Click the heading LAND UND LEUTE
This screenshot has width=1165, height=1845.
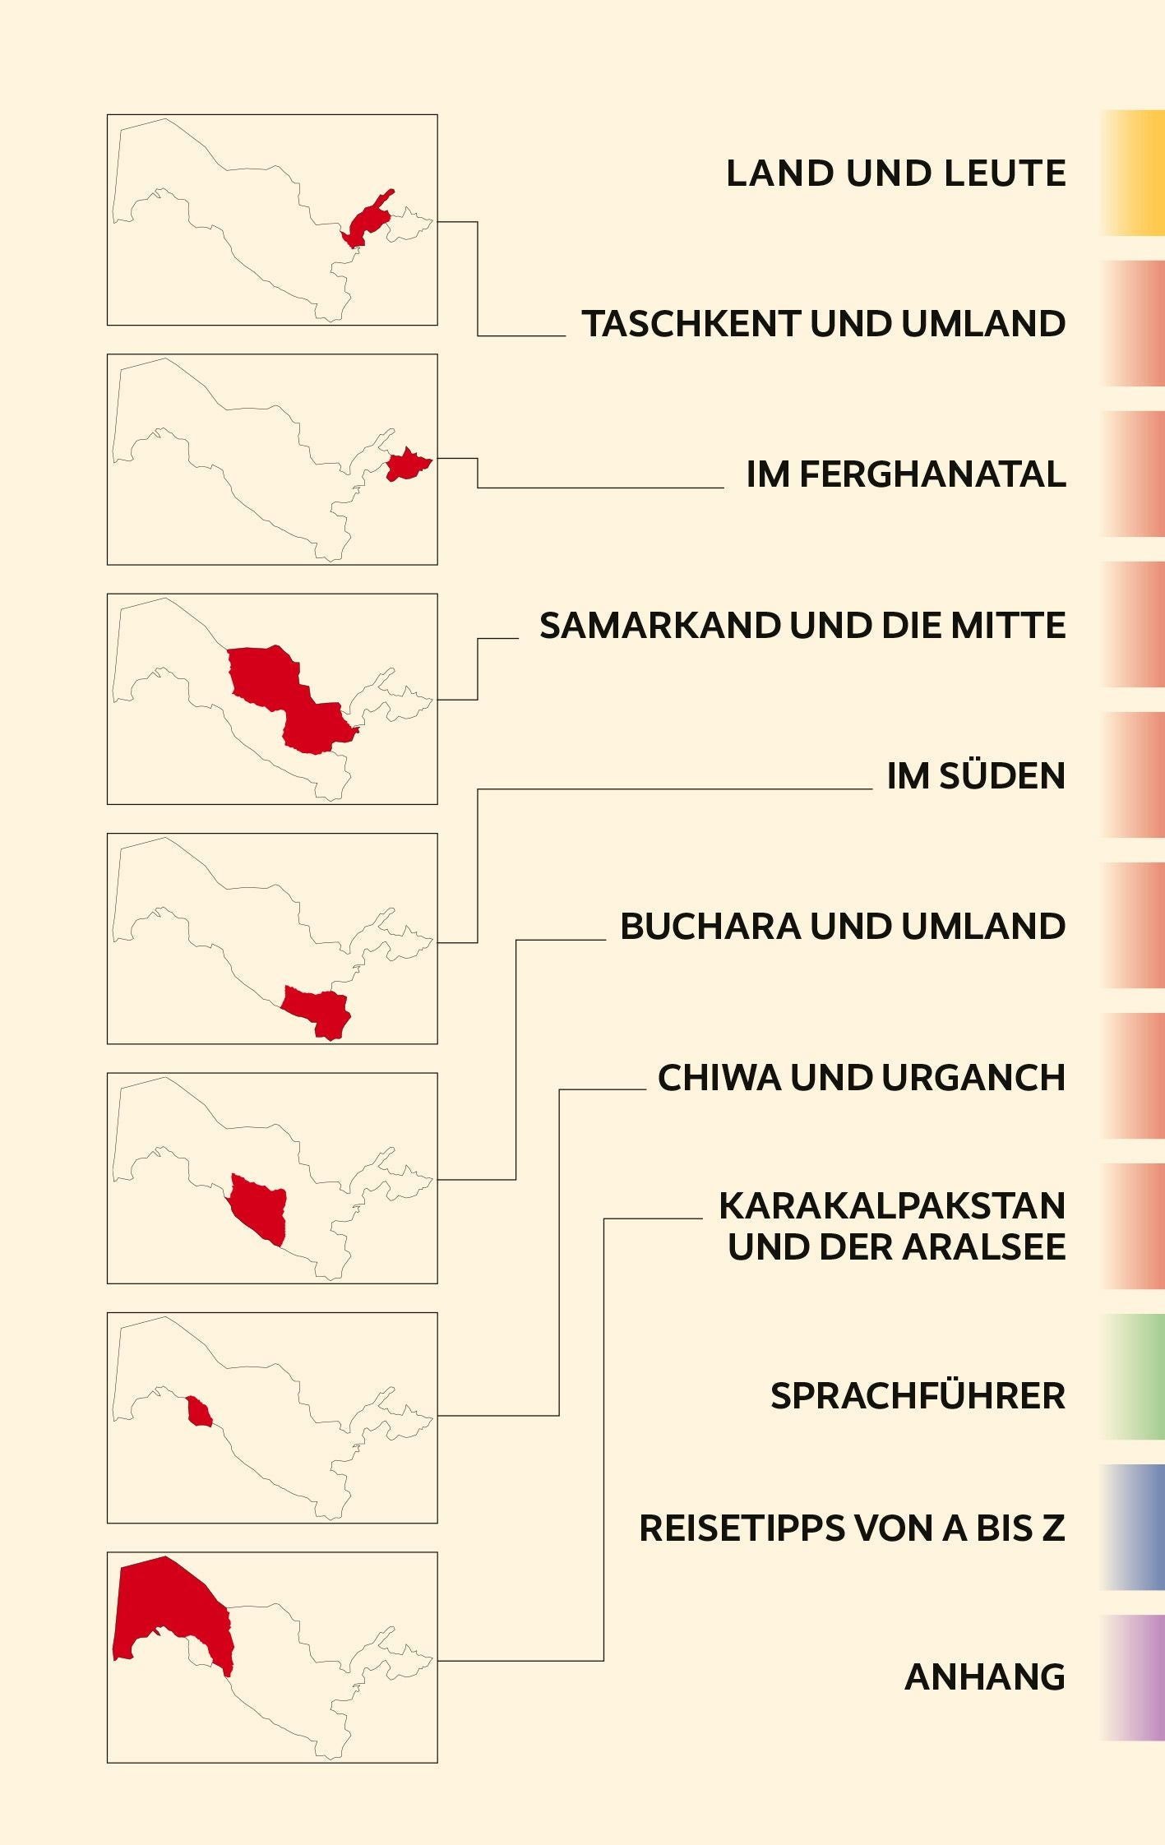coord(895,173)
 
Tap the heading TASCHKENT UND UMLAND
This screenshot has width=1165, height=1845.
coord(823,324)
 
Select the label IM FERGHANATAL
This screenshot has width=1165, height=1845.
coord(905,474)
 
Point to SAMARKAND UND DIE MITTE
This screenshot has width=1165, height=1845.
coord(802,626)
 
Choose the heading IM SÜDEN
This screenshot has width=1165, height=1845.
coord(975,776)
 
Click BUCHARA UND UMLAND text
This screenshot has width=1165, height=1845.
coord(843,927)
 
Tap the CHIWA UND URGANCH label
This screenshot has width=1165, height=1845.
coord(861,1078)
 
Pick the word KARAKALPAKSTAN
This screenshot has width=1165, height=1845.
coord(892,1206)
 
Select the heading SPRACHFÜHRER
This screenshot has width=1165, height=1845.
coord(918,1396)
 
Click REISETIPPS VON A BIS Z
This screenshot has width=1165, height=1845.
coord(852,1528)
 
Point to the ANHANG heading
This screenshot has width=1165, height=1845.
coord(984,1677)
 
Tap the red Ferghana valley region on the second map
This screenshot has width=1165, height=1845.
coord(407,465)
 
